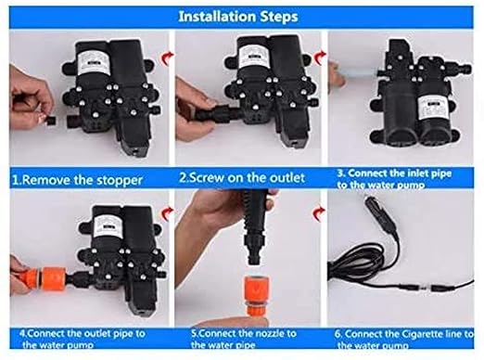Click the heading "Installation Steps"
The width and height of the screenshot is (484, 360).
pyautogui.click(x=238, y=17)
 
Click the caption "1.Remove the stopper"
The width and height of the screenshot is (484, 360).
pyautogui.click(x=77, y=180)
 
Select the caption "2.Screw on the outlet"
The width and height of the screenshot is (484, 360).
pyautogui.click(x=242, y=177)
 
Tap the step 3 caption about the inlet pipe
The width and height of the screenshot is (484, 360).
pyautogui.click(x=394, y=179)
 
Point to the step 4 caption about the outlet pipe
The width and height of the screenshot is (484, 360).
pyautogui.click(x=83, y=339)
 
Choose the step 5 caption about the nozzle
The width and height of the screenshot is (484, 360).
pyautogui.click(x=244, y=339)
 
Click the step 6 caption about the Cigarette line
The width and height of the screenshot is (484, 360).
pyautogui.click(x=403, y=339)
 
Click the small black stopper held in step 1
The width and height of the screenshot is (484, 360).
pyautogui.click(x=50, y=121)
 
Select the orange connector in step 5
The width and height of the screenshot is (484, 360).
pyautogui.click(x=255, y=295)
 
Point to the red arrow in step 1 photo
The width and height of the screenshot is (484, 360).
pyautogui.click(x=168, y=58)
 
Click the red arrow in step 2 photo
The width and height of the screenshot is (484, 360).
pyautogui.click(x=320, y=58)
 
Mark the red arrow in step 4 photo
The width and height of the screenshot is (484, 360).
pyautogui.click(x=168, y=213)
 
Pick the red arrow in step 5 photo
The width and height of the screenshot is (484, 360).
pyautogui.click(x=319, y=213)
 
